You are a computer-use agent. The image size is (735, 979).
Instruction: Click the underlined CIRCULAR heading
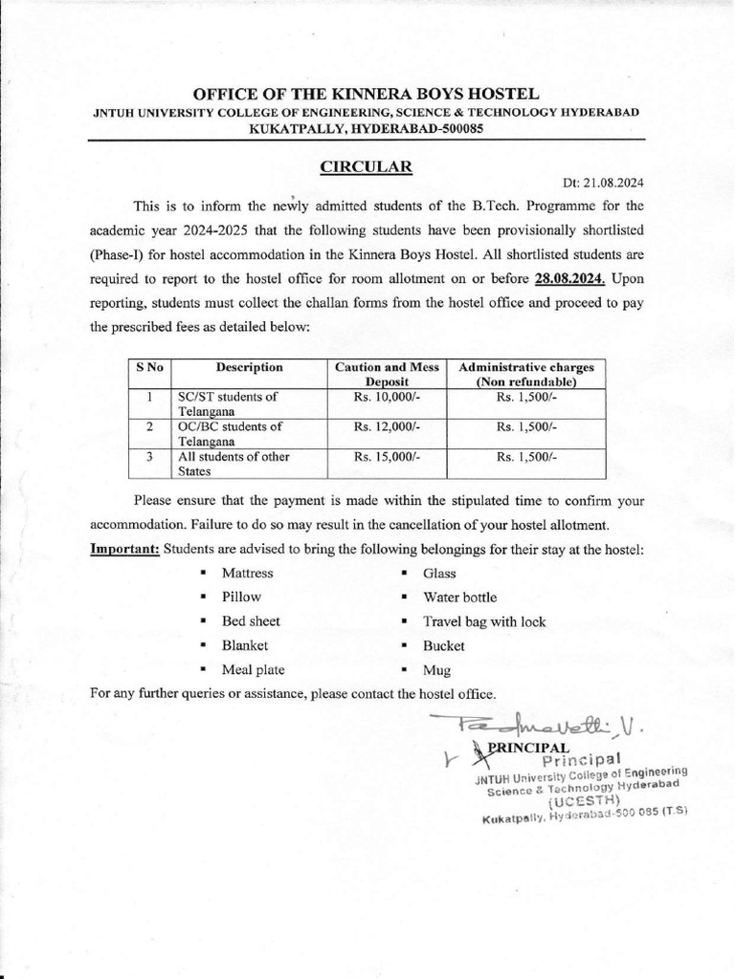[x=367, y=166]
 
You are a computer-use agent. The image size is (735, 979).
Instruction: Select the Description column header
[x=249, y=367]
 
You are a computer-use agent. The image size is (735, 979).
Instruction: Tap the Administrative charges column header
[x=526, y=374]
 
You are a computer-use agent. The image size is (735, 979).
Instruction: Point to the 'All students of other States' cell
[x=234, y=464]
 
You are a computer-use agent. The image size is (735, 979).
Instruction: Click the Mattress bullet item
[x=247, y=573]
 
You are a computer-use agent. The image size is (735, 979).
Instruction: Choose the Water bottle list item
[x=459, y=598]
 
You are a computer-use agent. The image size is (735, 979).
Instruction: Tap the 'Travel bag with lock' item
[x=484, y=621]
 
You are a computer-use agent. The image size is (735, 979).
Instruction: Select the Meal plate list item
[x=253, y=670]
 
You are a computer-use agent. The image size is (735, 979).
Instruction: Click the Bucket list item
[x=444, y=646]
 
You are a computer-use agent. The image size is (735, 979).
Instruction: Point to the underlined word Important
[x=124, y=550]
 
